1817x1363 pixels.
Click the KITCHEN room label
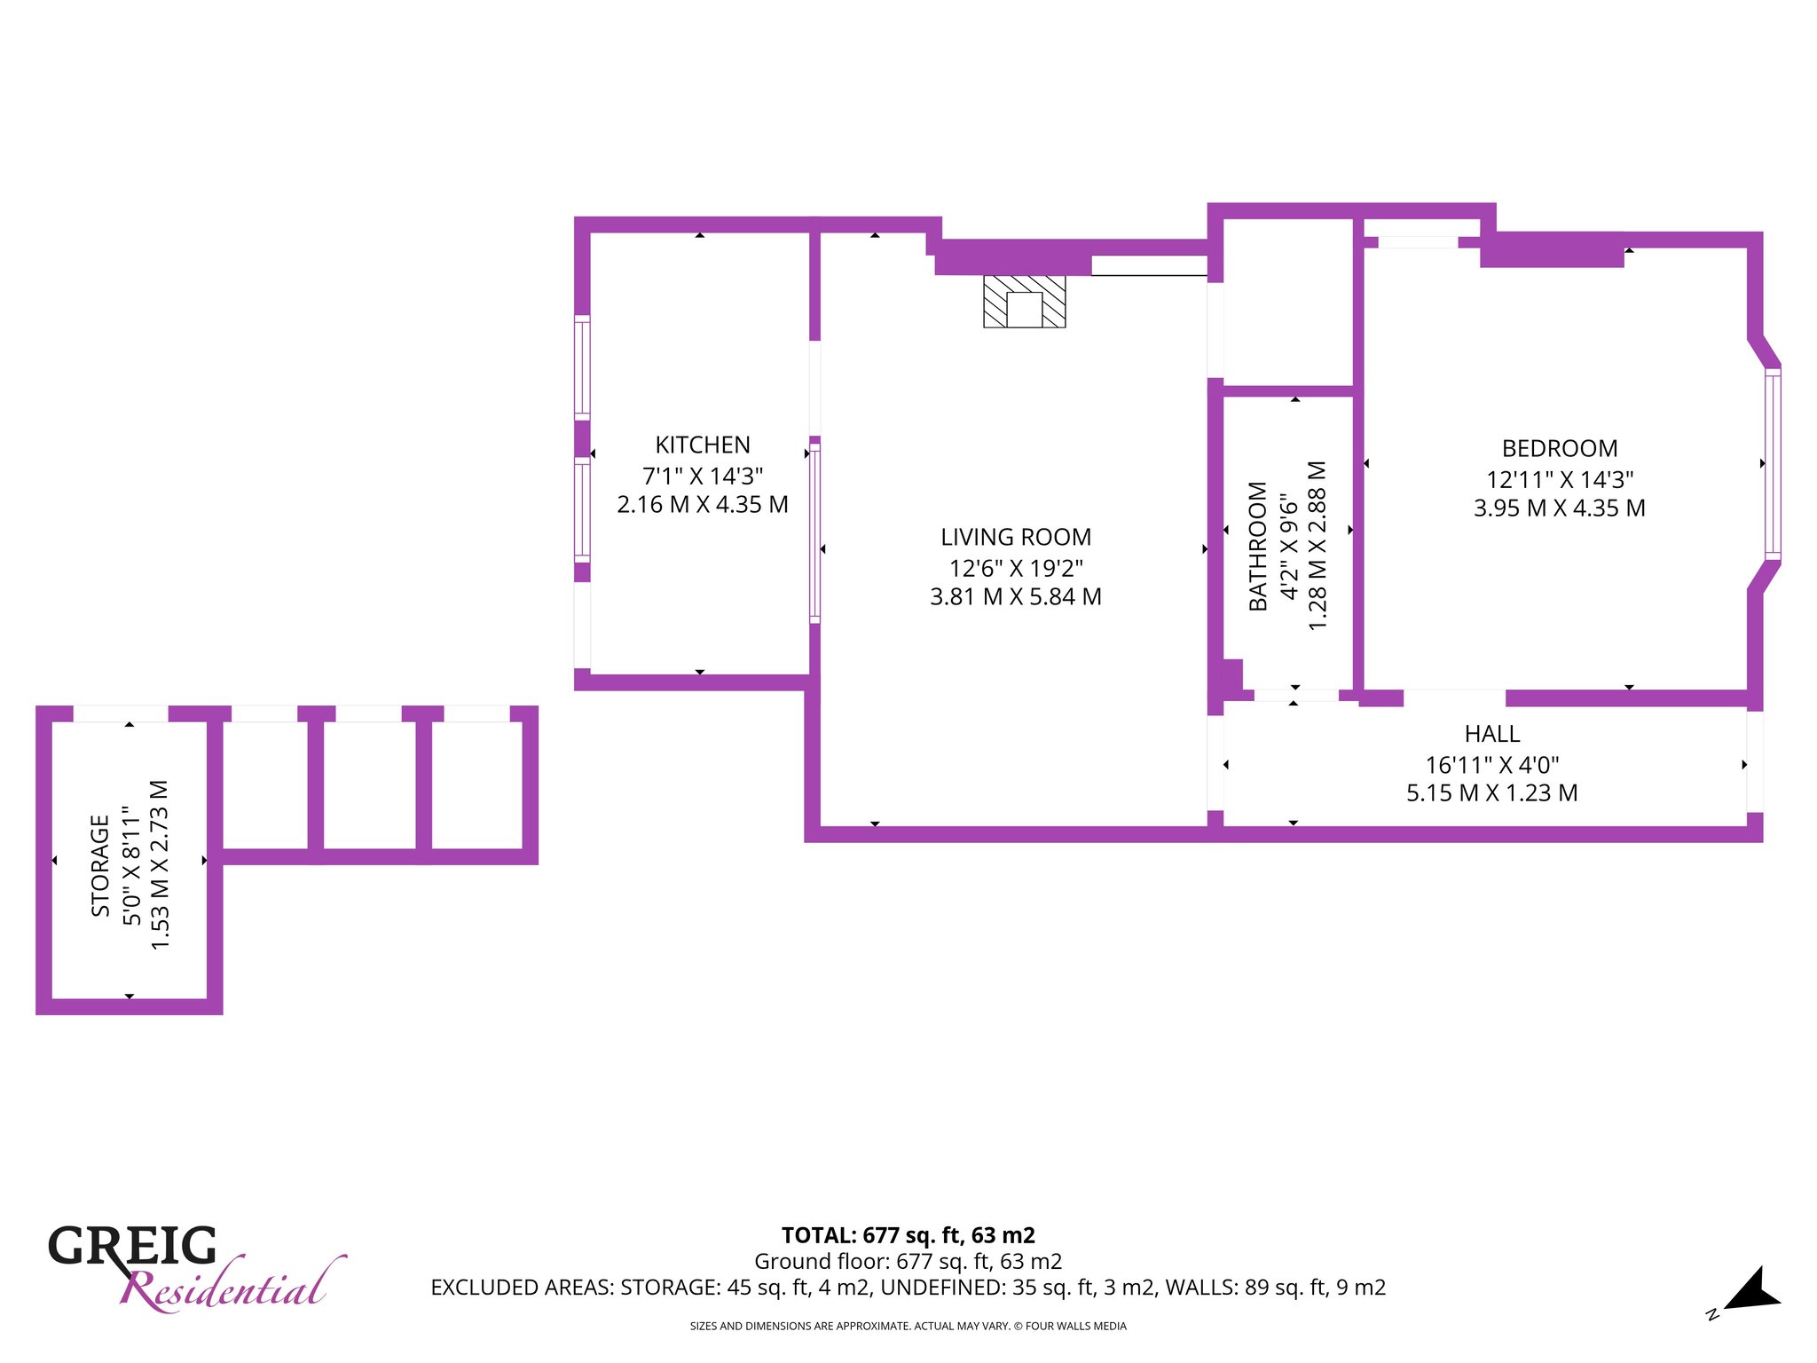coord(703,445)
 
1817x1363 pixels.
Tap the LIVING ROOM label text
coord(1016,537)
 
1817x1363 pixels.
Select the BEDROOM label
coord(1560,448)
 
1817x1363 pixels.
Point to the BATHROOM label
coord(1258,546)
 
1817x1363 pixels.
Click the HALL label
coord(1492,734)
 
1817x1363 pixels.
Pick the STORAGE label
coord(100,865)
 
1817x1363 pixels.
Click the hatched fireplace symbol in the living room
coord(1024,302)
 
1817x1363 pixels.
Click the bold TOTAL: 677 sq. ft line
coord(908,1235)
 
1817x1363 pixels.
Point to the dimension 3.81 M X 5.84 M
coord(1016,596)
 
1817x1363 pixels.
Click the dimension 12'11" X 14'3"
coord(1560,479)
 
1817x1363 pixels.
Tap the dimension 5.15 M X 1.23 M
coord(1492,792)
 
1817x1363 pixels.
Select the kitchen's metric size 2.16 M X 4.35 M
coord(703,504)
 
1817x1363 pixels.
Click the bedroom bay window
coord(1772,463)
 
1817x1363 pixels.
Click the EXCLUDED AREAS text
coord(908,1287)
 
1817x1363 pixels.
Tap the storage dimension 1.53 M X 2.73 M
coord(161,865)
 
